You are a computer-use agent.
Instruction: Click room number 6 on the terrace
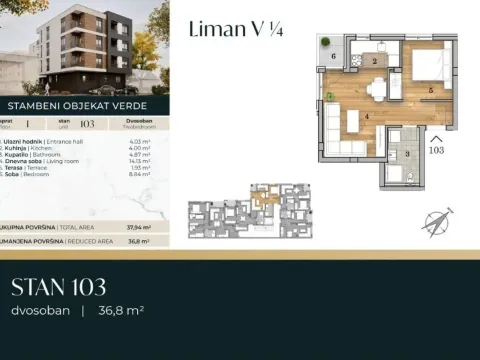(x=333, y=58)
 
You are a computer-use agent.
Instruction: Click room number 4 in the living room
(x=367, y=117)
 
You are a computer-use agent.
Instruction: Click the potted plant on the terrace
(x=329, y=97)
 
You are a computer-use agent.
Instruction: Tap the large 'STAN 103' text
(x=58, y=289)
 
